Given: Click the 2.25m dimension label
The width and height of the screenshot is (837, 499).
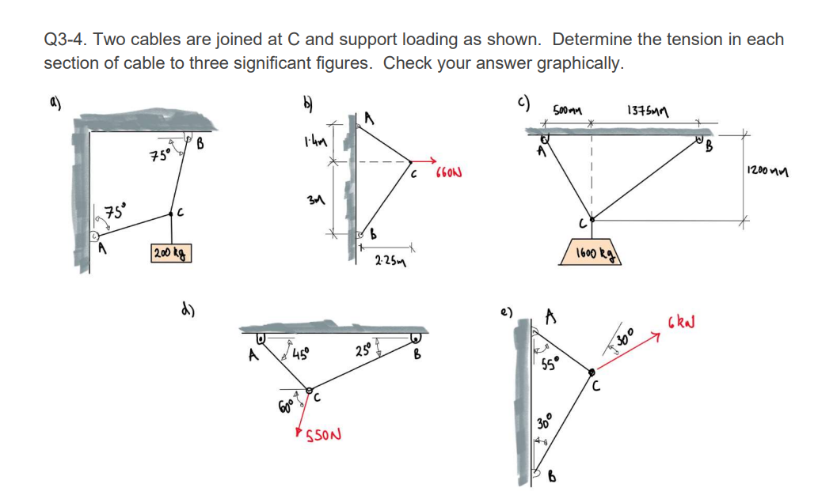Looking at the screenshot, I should tap(390, 261).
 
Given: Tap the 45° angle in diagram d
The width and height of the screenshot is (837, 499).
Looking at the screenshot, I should tap(301, 353).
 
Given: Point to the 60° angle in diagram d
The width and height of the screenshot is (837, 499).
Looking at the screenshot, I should tap(284, 407).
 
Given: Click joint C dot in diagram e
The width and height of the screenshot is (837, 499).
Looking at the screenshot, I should tap(593, 370).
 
